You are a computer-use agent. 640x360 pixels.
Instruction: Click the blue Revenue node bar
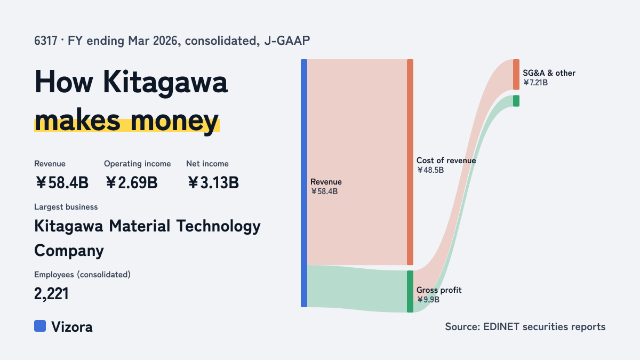304,183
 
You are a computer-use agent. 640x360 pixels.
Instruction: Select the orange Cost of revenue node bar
410,162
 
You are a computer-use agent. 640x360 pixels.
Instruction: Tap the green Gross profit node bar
410,291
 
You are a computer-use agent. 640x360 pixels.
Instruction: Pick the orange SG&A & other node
516,75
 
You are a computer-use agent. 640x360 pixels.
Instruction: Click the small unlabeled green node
516,101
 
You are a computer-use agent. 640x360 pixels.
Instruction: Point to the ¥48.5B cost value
430,170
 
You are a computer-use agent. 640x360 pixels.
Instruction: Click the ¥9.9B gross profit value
428,300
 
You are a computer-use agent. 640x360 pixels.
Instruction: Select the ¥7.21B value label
535,83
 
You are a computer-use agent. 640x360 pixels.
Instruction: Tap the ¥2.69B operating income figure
131,182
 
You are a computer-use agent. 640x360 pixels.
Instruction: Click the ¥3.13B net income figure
213,182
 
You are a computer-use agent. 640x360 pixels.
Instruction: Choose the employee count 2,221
51,294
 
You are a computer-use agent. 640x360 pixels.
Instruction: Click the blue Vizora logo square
40,326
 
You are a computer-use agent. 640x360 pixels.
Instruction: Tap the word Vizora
72,327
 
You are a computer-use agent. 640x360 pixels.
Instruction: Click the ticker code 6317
46,41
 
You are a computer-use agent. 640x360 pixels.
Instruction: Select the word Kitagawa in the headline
165,83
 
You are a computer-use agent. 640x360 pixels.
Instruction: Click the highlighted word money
174,121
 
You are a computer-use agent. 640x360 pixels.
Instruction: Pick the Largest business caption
66,207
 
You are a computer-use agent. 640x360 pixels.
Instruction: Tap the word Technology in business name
218,226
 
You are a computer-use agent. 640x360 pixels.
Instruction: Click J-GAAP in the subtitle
287,41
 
